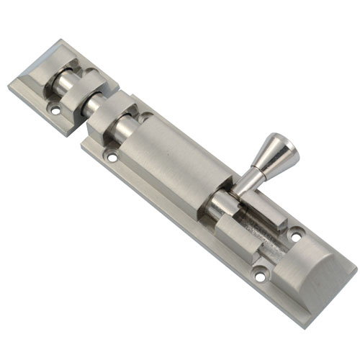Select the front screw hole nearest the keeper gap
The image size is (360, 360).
coord(111,156)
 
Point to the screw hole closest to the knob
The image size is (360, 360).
coord(297,234)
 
